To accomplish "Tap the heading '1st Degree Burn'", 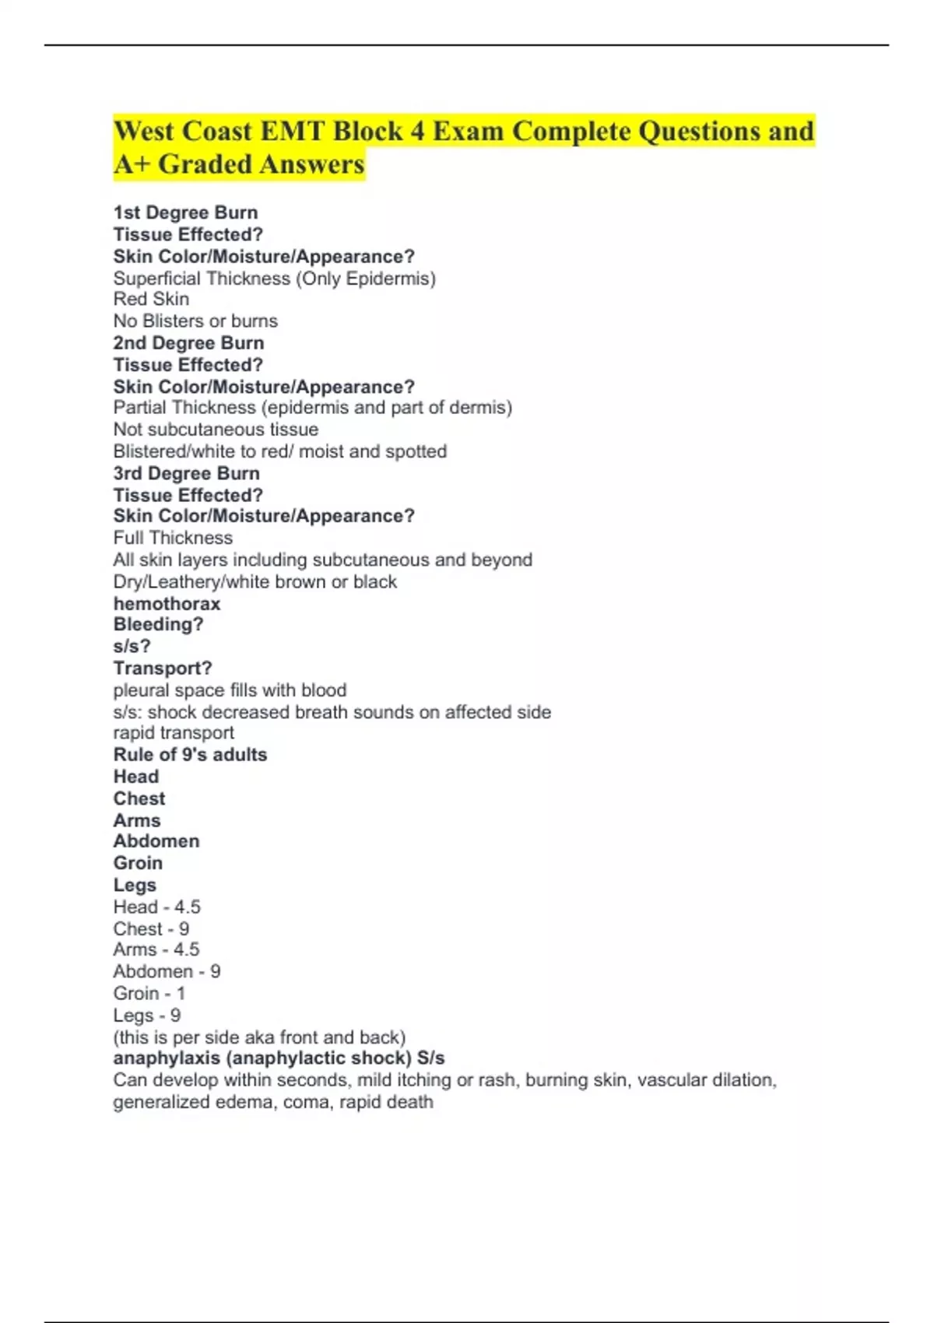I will click(185, 212).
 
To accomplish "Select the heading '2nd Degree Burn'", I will click(188, 343).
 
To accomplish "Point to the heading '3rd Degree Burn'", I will click(186, 473).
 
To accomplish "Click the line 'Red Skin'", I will click(151, 300).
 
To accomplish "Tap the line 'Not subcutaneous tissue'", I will click(216, 430).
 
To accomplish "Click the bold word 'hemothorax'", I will click(167, 604).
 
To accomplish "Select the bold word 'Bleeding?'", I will click(158, 625).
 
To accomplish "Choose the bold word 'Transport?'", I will click(163, 669).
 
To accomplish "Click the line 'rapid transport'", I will click(174, 733).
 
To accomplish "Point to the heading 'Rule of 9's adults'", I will click(190, 755).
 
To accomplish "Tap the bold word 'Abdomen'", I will click(156, 841).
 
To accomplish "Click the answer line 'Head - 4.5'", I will click(156, 907).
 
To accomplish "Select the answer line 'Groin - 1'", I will click(149, 994).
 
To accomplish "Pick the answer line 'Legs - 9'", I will click(146, 1016).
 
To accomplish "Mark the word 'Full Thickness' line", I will click(173, 538).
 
